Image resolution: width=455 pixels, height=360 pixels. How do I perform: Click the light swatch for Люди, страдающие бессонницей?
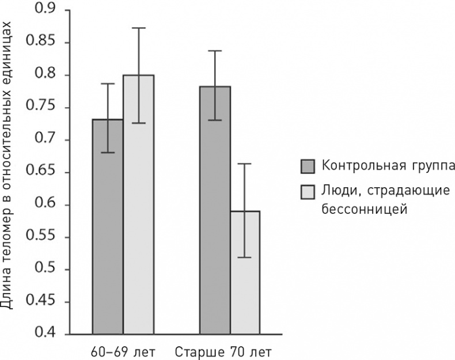308,192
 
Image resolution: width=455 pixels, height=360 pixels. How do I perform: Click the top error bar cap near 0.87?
138,28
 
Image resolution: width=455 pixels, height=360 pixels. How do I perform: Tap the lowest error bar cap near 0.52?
245,257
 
